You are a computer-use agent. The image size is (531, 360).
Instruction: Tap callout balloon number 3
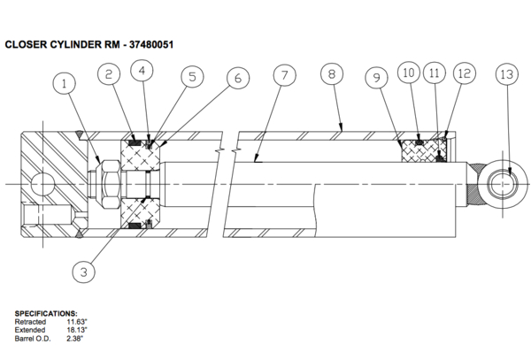[x=83, y=272]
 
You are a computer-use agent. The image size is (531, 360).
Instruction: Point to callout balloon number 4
[x=144, y=70]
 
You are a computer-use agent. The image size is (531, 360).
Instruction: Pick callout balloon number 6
[x=237, y=78]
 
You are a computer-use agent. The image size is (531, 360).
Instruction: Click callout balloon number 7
[x=283, y=74]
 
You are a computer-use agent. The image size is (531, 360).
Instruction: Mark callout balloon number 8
[x=331, y=74]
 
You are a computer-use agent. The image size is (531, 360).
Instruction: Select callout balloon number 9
[x=377, y=78]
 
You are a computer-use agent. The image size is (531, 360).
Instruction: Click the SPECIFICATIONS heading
[x=46, y=314]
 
